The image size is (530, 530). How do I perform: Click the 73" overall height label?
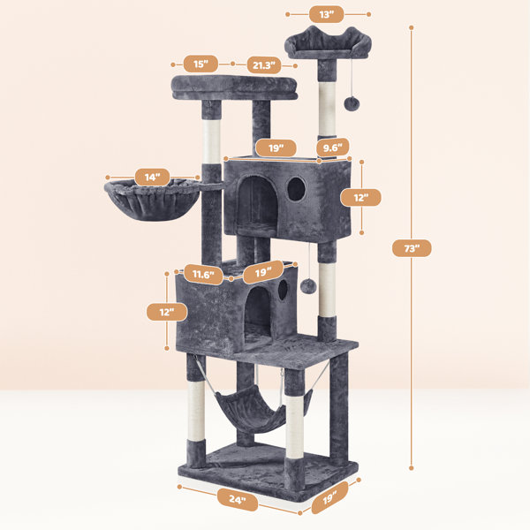pos(412,248)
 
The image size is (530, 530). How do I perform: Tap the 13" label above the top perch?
pos(327,14)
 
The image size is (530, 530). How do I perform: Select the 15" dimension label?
pos(201,64)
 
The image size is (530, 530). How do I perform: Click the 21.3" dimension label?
pos(263,64)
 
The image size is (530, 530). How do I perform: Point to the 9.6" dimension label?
pos(333,147)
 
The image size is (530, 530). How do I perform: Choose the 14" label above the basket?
pos(152,178)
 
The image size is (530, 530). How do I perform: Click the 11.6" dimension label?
pos(203,274)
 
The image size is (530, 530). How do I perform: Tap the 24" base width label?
pos(238,499)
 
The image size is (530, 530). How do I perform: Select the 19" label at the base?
pos(329,497)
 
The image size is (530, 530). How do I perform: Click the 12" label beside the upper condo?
pos(360,198)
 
